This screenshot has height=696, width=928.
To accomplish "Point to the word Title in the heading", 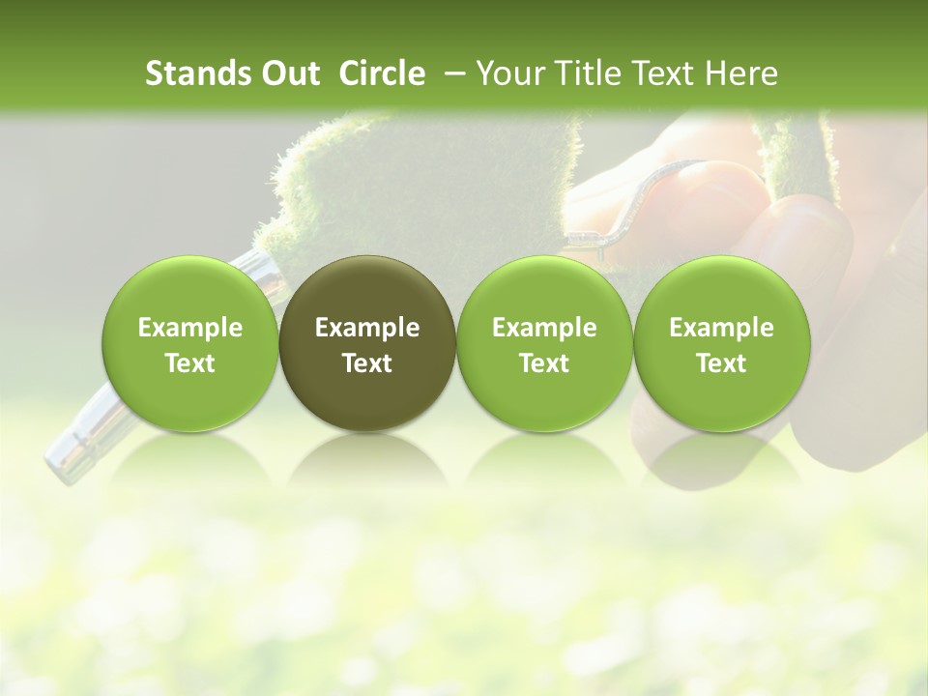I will click(x=583, y=73).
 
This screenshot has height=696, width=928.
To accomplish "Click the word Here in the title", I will click(x=744, y=73).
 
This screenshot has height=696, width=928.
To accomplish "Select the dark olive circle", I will click(x=367, y=344).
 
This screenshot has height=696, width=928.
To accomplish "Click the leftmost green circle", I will click(x=189, y=344).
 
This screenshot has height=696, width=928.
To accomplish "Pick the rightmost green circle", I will click(x=721, y=344).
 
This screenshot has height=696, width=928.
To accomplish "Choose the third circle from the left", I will click(x=544, y=344).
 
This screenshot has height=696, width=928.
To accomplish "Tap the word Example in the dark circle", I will click(x=367, y=328).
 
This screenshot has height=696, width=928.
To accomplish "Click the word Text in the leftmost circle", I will click(x=189, y=363).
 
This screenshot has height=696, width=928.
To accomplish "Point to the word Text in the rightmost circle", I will click(x=721, y=363).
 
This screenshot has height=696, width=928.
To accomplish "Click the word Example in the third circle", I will click(x=544, y=328).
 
